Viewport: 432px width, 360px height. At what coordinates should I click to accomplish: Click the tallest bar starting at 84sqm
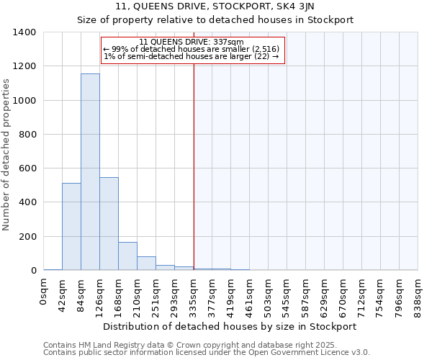90,172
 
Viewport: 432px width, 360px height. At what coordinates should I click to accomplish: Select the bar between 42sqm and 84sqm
71,227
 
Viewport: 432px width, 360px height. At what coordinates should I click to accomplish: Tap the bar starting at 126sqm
109,224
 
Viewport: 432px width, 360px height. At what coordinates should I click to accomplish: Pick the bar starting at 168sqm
127,256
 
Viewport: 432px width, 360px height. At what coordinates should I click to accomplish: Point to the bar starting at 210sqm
146,264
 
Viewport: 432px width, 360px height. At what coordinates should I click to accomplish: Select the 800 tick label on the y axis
27,135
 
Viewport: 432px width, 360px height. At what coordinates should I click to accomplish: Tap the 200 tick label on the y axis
27,237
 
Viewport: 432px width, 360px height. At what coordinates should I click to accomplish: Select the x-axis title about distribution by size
230,326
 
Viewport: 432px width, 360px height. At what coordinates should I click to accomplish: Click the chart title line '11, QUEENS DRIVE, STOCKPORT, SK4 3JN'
215,6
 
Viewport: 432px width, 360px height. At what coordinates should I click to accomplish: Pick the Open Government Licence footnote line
207,353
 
